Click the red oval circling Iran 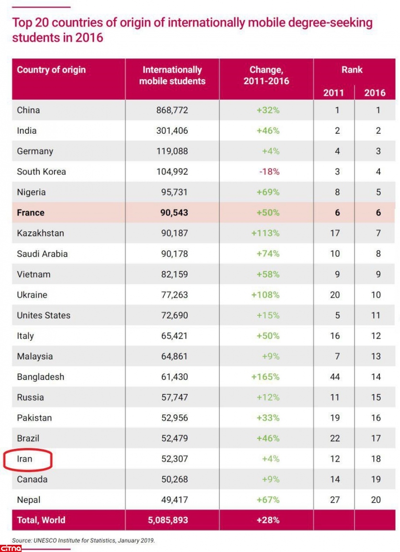[27, 459]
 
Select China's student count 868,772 [172, 110]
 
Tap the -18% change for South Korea [269, 172]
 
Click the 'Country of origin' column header [51, 70]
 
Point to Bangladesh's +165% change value [265, 377]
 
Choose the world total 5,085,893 [172, 520]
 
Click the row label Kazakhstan [40, 233]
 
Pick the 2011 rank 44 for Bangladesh [335, 377]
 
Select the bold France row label [31, 213]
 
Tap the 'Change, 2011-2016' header [266, 75]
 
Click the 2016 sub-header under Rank [375, 92]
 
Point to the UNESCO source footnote [84, 540]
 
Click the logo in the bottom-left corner [11, 548]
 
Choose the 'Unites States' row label [44, 315]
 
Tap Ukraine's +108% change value [265, 295]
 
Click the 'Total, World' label [41, 520]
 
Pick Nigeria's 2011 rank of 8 [337, 192]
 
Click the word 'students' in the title [34, 37]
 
